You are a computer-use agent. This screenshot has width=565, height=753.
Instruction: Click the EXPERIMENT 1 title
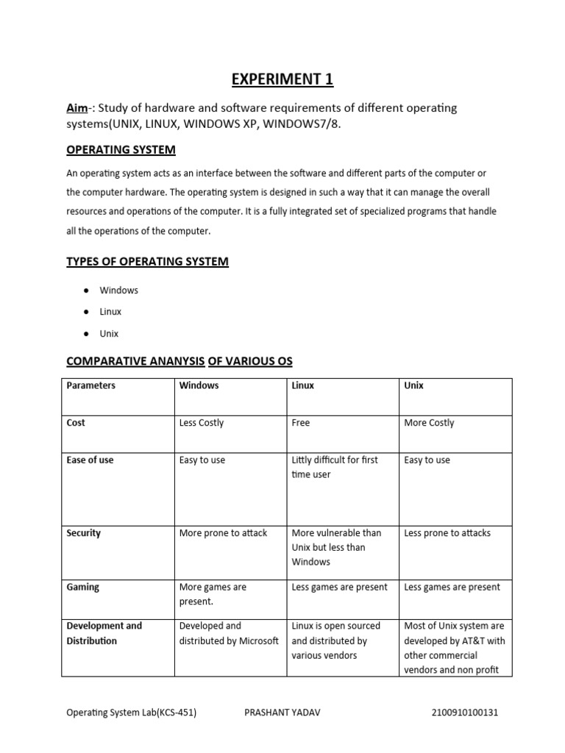click(282, 79)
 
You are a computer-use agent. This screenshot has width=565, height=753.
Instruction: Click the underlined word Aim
click(76, 108)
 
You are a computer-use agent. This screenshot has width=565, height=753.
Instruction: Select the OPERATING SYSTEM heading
click(121, 150)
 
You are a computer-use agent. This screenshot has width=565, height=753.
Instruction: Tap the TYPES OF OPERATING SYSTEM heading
click(147, 262)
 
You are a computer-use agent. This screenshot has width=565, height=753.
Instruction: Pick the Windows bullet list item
click(118, 290)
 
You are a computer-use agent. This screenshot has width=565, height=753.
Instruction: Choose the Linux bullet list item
click(110, 312)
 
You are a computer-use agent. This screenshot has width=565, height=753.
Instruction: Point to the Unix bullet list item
click(109, 334)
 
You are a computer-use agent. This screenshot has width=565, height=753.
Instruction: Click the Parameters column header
click(90, 385)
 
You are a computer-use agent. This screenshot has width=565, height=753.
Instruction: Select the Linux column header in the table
click(302, 385)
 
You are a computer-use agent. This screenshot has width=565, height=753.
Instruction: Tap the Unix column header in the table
click(413, 385)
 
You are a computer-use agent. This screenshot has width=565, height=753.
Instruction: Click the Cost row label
click(76, 423)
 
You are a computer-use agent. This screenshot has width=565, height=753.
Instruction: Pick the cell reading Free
click(301, 423)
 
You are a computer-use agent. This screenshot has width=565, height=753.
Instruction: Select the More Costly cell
click(429, 423)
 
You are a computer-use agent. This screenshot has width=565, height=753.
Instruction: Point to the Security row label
click(83, 533)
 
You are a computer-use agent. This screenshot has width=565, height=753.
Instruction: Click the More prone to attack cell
click(223, 533)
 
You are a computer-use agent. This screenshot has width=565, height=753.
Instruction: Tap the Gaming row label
click(82, 588)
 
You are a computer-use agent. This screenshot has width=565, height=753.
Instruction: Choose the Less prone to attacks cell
click(447, 533)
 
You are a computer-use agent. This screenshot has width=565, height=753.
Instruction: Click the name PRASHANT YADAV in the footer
click(282, 713)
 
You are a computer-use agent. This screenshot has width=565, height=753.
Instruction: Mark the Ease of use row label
click(90, 460)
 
